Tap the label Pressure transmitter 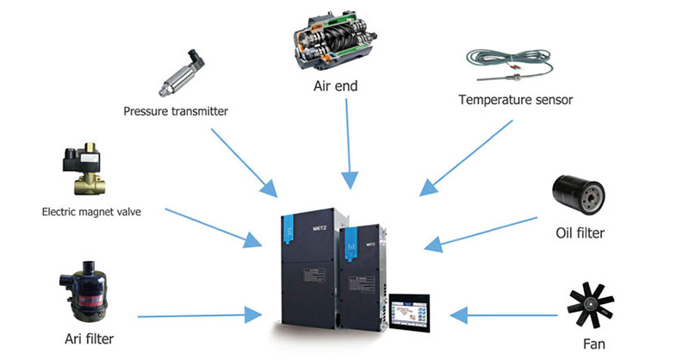click(176, 111)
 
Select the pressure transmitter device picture click(182, 73)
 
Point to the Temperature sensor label click(515, 100)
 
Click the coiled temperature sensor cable click(509, 65)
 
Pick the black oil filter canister click(578, 195)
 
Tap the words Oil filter click(580, 233)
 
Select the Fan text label click(593, 344)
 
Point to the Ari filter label click(90, 339)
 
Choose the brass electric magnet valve click(85, 168)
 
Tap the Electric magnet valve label click(91, 212)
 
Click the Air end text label click(335, 86)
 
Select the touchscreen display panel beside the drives click(409, 313)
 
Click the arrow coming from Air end click(349, 144)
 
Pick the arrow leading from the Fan click(504, 315)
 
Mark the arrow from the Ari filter click(200, 315)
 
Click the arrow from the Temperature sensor click(466, 158)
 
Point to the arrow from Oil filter click(481, 234)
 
